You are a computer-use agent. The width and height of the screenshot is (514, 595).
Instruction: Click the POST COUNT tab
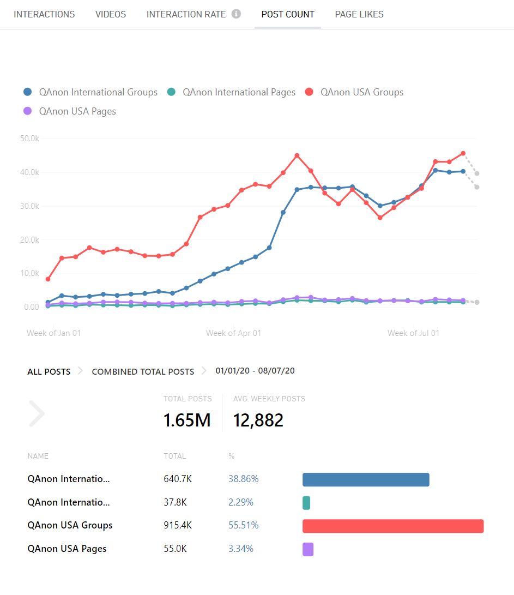point(288,14)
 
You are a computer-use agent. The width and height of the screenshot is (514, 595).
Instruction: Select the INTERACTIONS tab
point(44,14)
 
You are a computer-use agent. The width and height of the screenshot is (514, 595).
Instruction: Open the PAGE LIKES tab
point(359,14)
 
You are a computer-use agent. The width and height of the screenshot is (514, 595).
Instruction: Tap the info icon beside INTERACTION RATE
point(236,14)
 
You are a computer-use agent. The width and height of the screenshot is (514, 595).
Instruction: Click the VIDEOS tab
point(111,14)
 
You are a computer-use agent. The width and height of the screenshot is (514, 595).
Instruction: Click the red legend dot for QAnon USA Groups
point(310,92)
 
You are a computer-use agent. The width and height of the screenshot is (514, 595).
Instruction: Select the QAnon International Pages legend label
point(239,92)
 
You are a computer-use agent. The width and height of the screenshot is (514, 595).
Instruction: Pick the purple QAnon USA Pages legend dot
point(28,111)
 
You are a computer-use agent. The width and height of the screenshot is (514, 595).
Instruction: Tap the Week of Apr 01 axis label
point(233,333)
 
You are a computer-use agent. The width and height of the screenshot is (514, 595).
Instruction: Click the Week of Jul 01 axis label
point(413,333)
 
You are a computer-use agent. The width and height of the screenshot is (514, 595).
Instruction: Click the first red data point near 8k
point(48,279)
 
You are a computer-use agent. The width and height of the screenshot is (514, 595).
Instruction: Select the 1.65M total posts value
point(187,420)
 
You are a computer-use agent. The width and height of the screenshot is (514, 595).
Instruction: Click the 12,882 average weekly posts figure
point(258,420)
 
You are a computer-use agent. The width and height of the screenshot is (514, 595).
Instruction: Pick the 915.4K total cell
point(178,525)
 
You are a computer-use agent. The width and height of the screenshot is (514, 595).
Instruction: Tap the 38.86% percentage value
point(243,479)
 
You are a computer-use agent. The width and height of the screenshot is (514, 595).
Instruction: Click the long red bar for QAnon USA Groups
point(393,526)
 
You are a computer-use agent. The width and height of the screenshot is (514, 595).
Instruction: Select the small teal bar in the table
point(306,503)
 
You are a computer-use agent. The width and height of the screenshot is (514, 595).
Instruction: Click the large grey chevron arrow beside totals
point(37,413)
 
